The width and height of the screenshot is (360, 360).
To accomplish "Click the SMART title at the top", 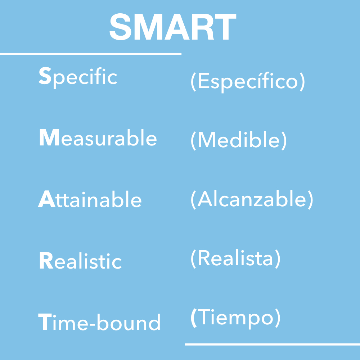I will pyautogui.click(x=172, y=28).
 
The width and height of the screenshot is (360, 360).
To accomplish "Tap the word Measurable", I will pyautogui.click(x=98, y=138).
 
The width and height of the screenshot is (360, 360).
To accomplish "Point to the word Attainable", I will pyautogui.click(x=90, y=200).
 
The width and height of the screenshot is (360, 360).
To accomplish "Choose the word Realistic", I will pyautogui.click(x=80, y=261).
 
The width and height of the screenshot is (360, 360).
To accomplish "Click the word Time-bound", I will pyautogui.click(x=99, y=323).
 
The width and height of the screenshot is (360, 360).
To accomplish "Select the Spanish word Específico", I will pyautogui.click(x=248, y=82).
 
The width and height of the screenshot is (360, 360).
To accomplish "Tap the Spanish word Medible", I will pyautogui.click(x=239, y=141).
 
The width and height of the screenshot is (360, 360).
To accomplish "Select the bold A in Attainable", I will pyautogui.click(x=46, y=199).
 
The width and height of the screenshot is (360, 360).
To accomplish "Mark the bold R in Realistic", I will pyautogui.click(x=46, y=261).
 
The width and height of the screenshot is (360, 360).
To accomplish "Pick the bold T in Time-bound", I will pyautogui.click(x=43, y=323).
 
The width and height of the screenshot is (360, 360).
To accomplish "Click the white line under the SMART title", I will pyautogui.click(x=90, y=54).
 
